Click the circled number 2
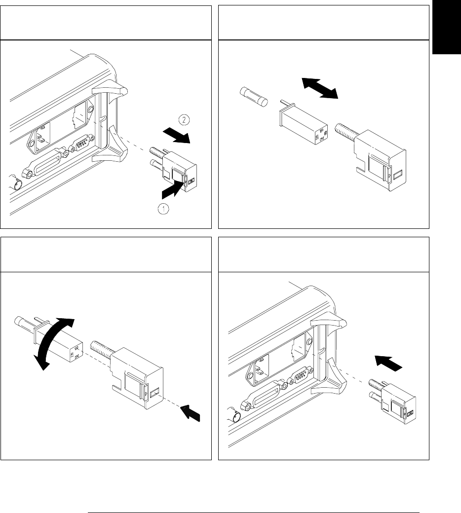182,119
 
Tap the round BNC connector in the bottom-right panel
237,417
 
